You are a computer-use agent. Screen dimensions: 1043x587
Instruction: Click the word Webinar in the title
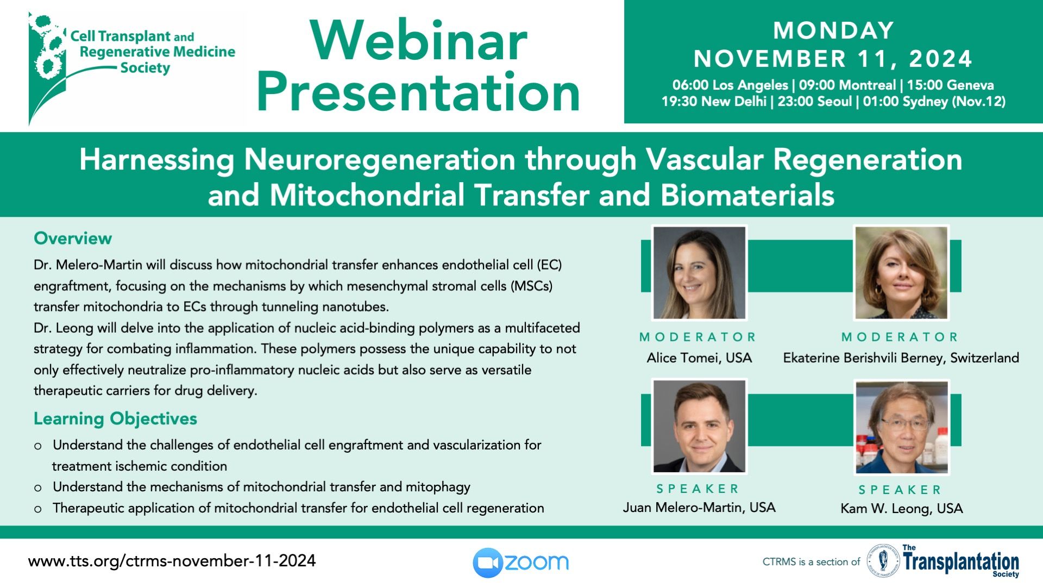click(x=419, y=41)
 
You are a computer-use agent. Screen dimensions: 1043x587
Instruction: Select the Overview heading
click(x=73, y=238)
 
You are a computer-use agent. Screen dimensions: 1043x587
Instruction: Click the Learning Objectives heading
click(x=115, y=419)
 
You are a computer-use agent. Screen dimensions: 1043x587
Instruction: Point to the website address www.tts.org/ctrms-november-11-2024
click(x=172, y=561)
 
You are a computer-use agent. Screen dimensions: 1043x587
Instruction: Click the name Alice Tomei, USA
click(x=699, y=358)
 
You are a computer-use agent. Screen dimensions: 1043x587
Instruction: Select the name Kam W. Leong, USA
click(x=902, y=509)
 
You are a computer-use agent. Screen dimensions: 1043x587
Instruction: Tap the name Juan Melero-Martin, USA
click(x=699, y=508)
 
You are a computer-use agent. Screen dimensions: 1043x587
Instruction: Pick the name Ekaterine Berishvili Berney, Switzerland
click(x=901, y=358)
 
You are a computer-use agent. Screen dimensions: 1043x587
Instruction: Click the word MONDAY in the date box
click(x=834, y=30)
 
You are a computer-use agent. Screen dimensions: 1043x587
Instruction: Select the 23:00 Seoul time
click(x=815, y=102)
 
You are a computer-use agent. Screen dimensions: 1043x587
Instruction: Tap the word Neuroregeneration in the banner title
click(x=380, y=160)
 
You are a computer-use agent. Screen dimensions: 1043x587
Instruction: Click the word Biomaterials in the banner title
click(x=747, y=195)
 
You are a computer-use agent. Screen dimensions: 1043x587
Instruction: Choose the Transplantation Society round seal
click(x=883, y=561)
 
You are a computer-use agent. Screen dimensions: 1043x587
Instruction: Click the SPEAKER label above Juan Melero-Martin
click(x=699, y=489)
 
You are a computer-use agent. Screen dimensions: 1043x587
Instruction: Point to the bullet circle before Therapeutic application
click(x=37, y=509)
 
